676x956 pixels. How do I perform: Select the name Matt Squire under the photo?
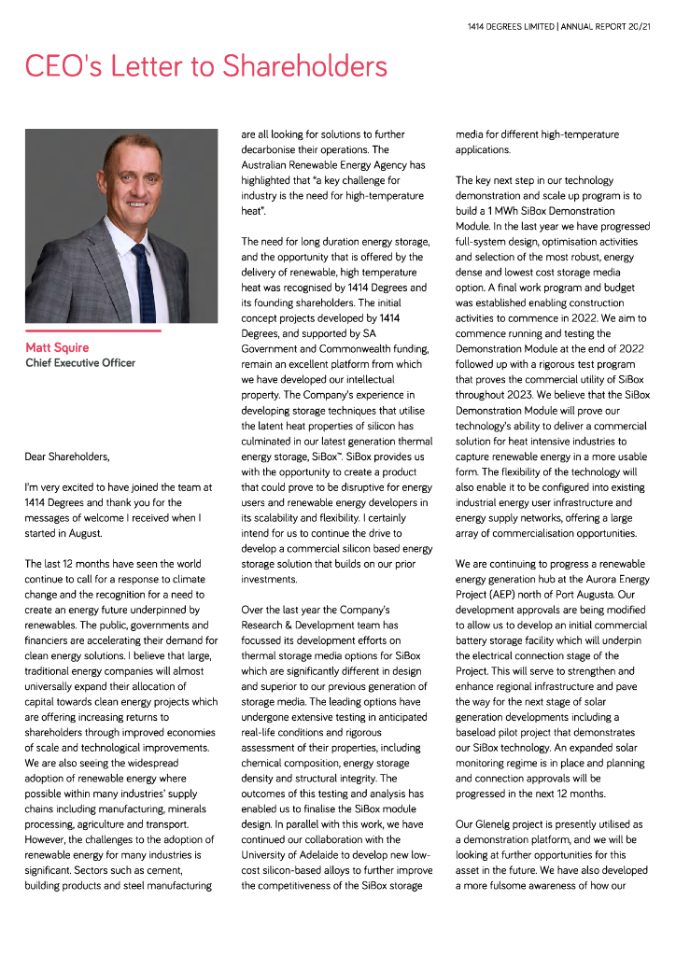[x=57, y=347]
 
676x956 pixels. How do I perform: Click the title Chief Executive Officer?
[x=80, y=363]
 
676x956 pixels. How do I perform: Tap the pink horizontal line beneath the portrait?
[x=92, y=330]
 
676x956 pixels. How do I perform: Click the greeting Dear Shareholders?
[x=67, y=457]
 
